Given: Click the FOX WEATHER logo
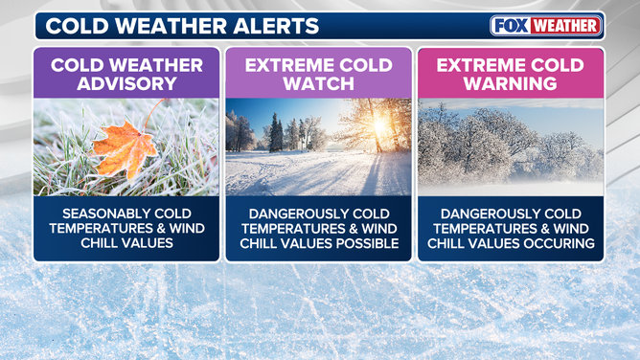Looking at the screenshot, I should click(545, 26).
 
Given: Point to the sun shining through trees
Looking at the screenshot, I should click(377, 124).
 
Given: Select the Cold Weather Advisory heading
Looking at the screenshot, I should click(126, 75).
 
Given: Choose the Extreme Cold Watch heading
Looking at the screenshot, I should click(319, 75).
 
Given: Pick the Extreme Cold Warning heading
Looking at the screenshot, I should click(511, 75).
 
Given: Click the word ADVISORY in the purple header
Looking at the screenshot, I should click(126, 84).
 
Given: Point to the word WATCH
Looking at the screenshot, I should click(319, 84).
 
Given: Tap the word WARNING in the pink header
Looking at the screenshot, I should click(511, 84).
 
